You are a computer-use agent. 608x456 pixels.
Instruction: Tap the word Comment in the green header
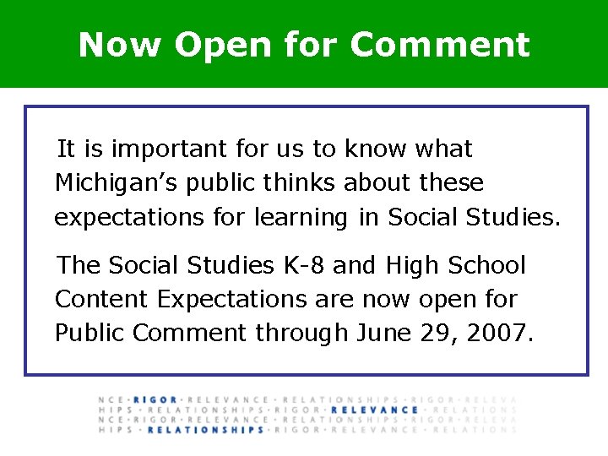(440, 45)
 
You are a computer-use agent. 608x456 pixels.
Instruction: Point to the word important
(170, 150)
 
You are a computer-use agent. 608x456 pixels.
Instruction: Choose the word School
(487, 266)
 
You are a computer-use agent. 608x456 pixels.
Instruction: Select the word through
(302, 333)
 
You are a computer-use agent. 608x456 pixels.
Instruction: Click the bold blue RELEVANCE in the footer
(375, 410)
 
